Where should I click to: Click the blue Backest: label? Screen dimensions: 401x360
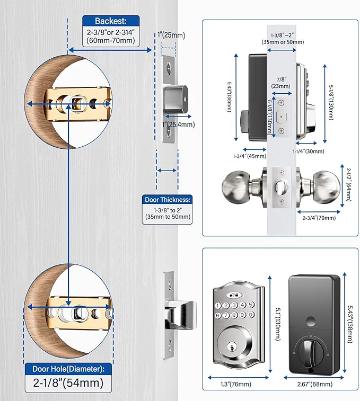[110, 21]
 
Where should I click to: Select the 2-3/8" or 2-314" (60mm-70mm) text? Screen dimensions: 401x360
[110, 37]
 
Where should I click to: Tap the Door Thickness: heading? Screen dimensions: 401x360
[168, 200]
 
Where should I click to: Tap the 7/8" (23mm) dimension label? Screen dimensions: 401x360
[280, 82]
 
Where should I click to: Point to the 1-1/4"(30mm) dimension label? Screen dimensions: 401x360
[307, 152]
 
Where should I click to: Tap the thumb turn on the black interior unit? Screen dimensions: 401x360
[310, 349]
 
